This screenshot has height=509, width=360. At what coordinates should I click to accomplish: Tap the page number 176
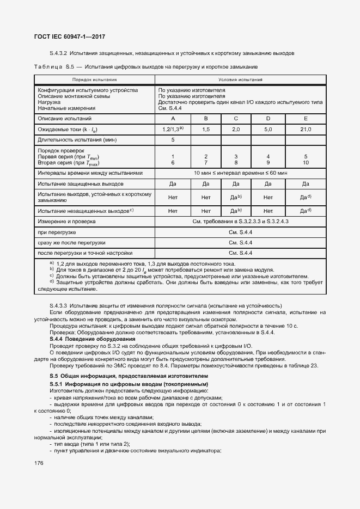(x=39, y=463)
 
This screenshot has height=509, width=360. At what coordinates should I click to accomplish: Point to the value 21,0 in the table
(x=306, y=129)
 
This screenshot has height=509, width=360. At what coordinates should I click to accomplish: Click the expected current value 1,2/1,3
(x=173, y=129)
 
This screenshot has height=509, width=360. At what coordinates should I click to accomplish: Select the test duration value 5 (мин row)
(x=173, y=140)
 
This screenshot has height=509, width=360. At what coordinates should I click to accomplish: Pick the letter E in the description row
(x=306, y=118)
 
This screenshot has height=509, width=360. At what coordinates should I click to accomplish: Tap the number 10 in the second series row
(x=306, y=162)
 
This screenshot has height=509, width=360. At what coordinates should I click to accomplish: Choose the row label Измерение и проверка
(x=66, y=222)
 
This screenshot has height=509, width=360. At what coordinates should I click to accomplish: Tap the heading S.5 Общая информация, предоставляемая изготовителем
(x=129, y=377)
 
